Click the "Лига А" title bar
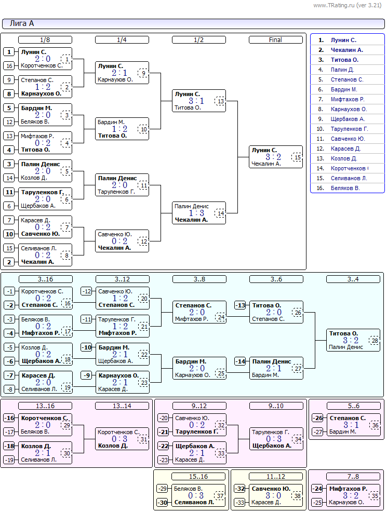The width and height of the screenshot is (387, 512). coord(193,24)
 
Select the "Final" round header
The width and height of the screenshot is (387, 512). coord(276,40)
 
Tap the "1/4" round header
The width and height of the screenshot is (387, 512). coord(122,40)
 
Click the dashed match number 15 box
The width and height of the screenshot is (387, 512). coord(298,157)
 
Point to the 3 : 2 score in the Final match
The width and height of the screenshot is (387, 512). coord(273,157)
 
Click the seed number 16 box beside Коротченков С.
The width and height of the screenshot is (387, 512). coord(9,65)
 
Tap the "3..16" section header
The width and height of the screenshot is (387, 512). coord(45,279)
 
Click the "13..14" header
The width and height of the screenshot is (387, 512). coord(122,406)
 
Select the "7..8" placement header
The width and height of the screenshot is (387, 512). coord(353,476)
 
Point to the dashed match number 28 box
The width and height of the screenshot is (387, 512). coord(375,340)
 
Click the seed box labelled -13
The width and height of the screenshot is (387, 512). coord(241,305)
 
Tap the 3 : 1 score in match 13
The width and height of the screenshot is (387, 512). coord(196,101)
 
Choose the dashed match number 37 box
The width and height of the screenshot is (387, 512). coord(220,496)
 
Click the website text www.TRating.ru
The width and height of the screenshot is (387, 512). coord(333,5)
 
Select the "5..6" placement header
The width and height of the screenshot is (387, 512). coord(354,406)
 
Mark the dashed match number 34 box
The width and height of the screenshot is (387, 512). coord(298,439)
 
